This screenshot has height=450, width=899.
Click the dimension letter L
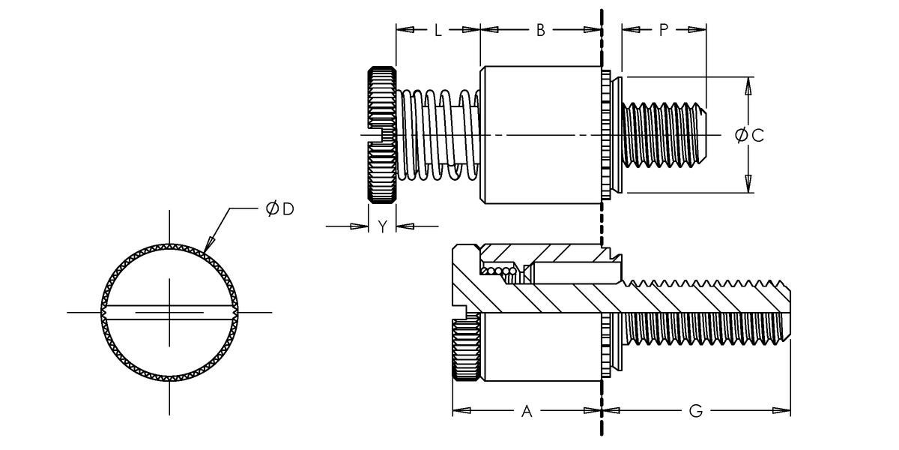pyautogui.click(x=438, y=30)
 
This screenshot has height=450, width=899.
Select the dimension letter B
pyautogui.click(x=539, y=30)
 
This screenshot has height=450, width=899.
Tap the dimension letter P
pyautogui.click(x=664, y=30)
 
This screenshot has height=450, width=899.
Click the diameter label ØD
pyautogui.click(x=279, y=208)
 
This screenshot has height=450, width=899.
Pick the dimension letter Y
pyautogui.click(x=382, y=226)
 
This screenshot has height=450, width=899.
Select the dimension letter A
pyautogui.click(x=526, y=411)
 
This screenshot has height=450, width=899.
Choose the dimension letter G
pyautogui.click(x=695, y=411)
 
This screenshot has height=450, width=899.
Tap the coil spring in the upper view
pyautogui.click(x=438, y=135)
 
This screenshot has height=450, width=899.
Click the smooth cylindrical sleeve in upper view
pyautogui.click(x=539, y=135)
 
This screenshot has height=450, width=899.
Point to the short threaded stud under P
pyautogui.click(x=663, y=135)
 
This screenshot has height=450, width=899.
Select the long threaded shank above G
pyautogui.click(x=704, y=311)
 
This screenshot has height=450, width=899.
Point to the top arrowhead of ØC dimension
pyautogui.click(x=747, y=84)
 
